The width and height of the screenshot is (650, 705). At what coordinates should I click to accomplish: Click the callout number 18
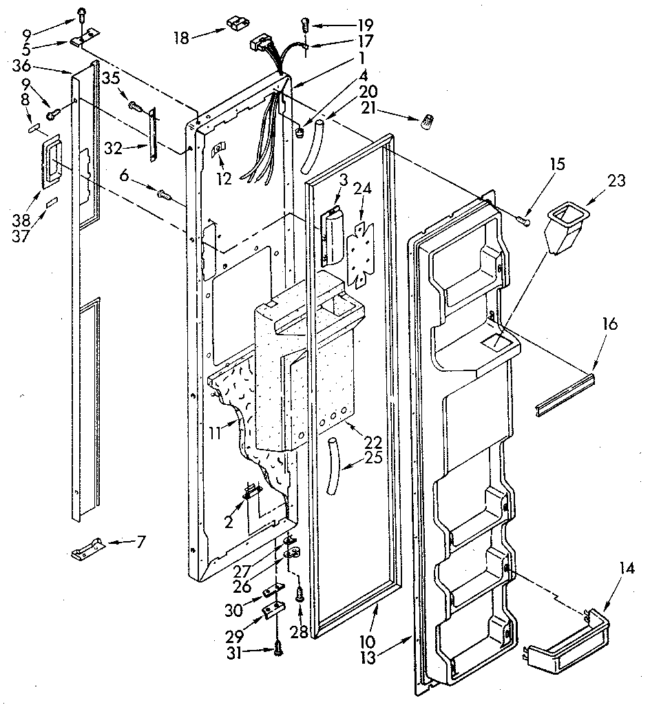[x=180, y=38]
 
